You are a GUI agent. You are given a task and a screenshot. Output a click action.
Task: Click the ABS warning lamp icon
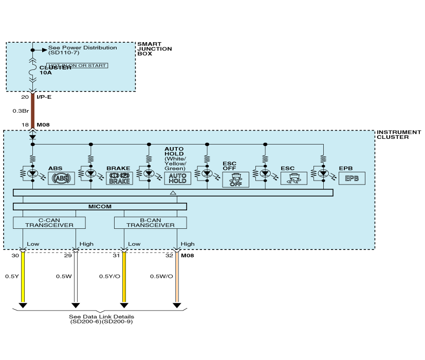click(x=61, y=178)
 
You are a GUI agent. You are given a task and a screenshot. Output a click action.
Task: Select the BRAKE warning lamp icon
click(x=119, y=178)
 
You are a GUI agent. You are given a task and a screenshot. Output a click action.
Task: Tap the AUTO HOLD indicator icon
click(x=177, y=178)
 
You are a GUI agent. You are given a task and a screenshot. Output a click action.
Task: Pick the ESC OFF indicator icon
click(x=235, y=180)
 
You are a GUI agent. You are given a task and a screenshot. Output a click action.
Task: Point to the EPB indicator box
click(x=352, y=178)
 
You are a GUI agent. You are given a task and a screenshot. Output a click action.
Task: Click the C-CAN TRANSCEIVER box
click(x=49, y=223)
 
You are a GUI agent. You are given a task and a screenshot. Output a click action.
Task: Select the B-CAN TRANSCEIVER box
click(x=150, y=223)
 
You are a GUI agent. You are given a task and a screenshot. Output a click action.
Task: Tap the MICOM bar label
click(x=100, y=207)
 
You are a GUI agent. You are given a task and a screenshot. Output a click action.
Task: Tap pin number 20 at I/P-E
click(x=25, y=97)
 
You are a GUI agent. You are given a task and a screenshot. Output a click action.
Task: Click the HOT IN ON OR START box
click(x=77, y=66)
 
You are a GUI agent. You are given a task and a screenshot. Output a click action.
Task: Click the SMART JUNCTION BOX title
click(x=155, y=49)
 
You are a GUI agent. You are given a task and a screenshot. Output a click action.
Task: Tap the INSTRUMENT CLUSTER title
click(x=399, y=135)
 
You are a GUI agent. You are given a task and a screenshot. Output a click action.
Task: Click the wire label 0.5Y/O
click(x=108, y=277)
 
